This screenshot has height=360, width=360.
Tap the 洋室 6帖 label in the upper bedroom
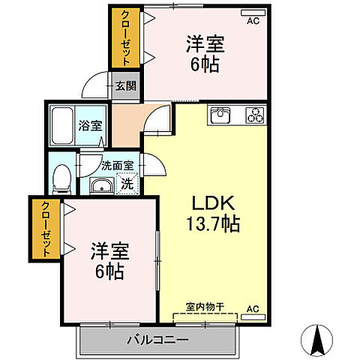[204, 54]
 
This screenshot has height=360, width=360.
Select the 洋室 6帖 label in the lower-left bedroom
[109, 259]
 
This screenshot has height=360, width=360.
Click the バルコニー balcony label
[159, 340]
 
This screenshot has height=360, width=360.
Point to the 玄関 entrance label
[125, 86]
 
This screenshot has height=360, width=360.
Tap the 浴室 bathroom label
[90, 126]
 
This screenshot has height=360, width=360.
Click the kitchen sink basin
[221, 115]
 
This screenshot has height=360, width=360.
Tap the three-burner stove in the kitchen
[256, 115]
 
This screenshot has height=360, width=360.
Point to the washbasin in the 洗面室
[100, 185]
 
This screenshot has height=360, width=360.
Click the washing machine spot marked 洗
[127, 182]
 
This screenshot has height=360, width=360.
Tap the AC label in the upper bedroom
[253, 21]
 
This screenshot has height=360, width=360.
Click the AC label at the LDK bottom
[253, 308]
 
